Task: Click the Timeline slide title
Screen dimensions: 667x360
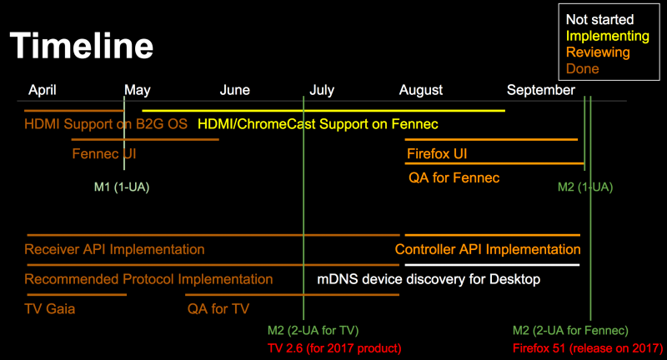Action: pyautogui.click(x=81, y=46)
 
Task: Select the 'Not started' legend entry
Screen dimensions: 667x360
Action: pyautogui.click(x=599, y=19)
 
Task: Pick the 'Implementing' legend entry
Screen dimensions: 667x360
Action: pyautogui.click(x=608, y=36)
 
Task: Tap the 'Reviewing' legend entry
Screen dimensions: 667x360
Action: pyautogui.click(x=598, y=52)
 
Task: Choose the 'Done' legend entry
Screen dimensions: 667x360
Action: pyautogui.click(x=582, y=68)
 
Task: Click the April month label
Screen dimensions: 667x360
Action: pyautogui.click(x=43, y=90)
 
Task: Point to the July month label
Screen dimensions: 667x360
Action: pyautogui.click(x=322, y=90)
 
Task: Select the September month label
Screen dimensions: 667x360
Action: pyautogui.click(x=540, y=90)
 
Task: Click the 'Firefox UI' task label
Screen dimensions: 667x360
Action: pyautogui.click(x=437, y=154)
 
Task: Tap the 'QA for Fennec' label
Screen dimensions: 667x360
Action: pyautogui.click(x=454, y=177)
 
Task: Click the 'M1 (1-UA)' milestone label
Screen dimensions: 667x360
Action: pyautogui.click(x=122, y=187)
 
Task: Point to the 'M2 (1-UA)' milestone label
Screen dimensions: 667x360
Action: pyautogui.click(x=585, y=187)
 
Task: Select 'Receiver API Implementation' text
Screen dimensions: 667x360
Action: pyautogui.click(x=114, y=249)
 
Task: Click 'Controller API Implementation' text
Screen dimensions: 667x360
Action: pyautogui.click(x=488, y=249)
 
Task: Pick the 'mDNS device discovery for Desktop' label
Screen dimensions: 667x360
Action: pyautogui.click(x=429, y=279)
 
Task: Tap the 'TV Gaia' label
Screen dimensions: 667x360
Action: pyautogui.click(x=50, y=309)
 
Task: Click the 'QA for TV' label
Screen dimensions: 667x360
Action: pyautogui.click(x=218, y=309)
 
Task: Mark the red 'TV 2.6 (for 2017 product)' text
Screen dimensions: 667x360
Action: pyautogui.click(x=334, y=348)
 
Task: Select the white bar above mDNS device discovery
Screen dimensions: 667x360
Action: pyautogui.click(x=492, y=265)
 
